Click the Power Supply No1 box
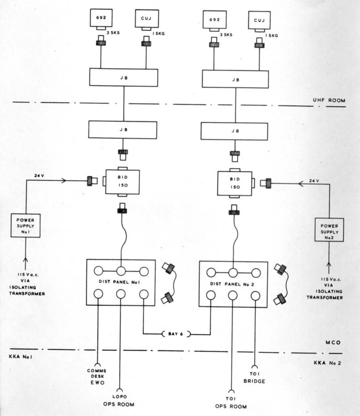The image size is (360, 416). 26,225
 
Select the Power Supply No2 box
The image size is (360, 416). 329,229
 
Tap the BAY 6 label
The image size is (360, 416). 175,333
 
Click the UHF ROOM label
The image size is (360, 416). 329,101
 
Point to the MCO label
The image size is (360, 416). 332,343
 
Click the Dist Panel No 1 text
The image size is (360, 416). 120,282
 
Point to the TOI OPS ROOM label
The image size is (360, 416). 231,403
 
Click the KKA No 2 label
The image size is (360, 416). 327,363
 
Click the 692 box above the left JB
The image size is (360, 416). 100,19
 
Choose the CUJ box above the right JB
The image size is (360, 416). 260,21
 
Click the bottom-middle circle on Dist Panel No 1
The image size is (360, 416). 120,294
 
